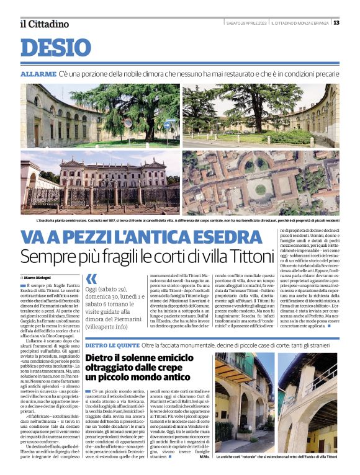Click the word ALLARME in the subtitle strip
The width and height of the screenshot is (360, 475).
click(x=38, y=74)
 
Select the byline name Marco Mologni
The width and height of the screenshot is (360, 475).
click(x=38, y=276)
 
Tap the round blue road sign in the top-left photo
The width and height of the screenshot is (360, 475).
click(x=128, y=123)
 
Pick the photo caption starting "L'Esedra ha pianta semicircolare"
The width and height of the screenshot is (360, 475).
click(x=180, y=220)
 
